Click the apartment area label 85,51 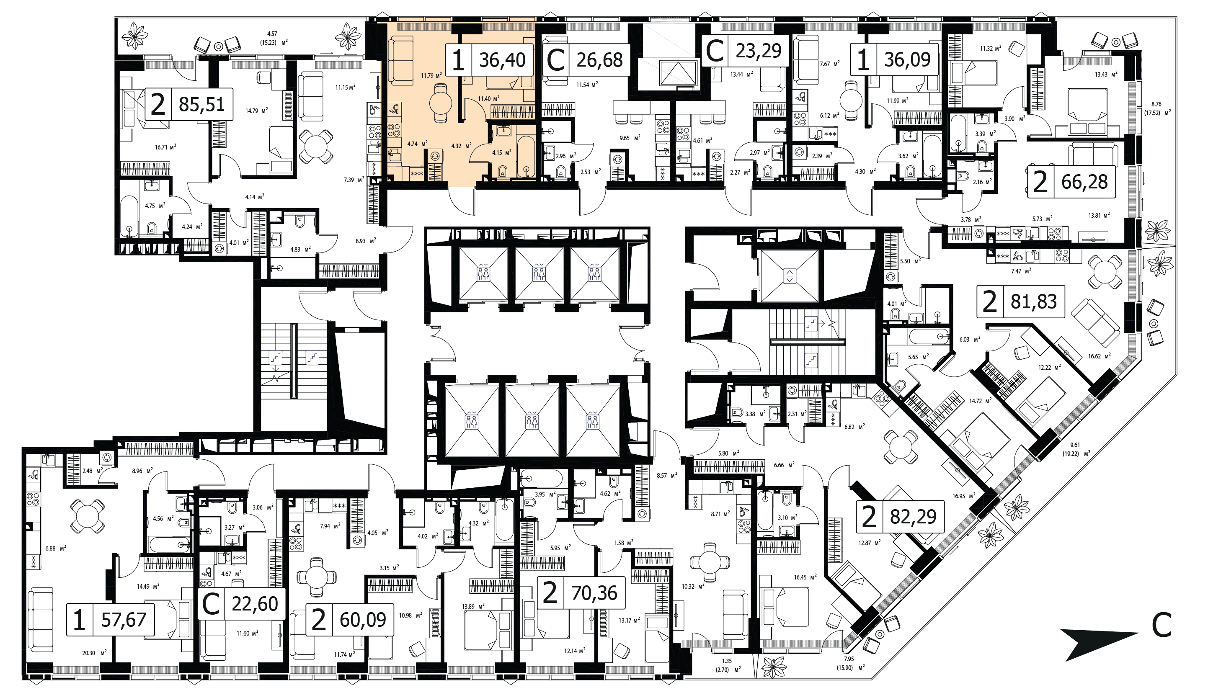(202, 104)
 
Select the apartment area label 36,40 (502, 60)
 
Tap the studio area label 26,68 (600, 60)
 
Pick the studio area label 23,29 (759, 50)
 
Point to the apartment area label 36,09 (907, 60)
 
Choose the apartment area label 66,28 (1084, 182)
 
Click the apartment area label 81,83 (1033, 302)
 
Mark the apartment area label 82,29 (913, 517)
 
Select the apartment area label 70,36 (594, 593)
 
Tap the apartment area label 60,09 (363, 620)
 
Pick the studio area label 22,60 (255, 604)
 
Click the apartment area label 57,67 (124, 620)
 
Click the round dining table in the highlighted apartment (441, 103)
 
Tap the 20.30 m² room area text (93, 652)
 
